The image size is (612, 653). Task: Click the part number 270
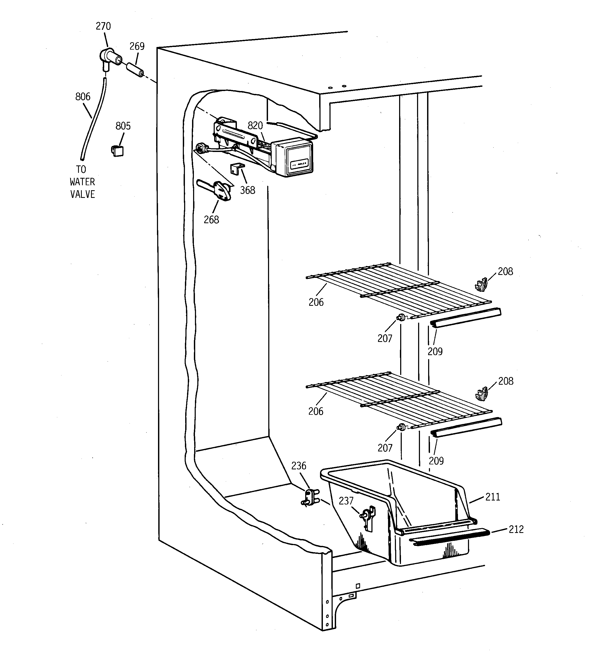(103, 26)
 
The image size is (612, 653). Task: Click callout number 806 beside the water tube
(83, 97)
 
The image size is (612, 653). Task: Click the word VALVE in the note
(83, 194)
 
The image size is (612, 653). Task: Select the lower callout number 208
(506, 381)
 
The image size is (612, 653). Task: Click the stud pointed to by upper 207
(401, 317)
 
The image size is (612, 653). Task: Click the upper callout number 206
(316, 302)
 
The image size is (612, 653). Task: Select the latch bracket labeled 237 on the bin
(368, 519)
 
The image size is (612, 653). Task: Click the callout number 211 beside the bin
(493, 497)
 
